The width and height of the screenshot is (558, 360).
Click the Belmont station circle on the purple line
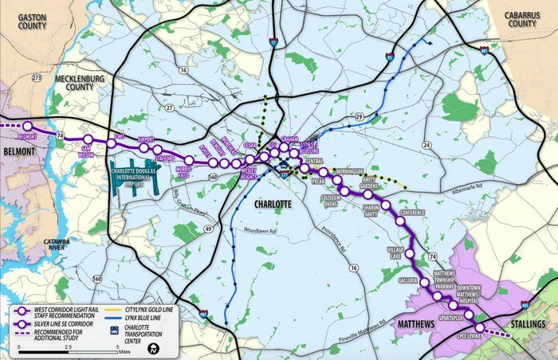[x=28, y=126]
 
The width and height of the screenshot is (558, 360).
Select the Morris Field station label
[x=184, y=172]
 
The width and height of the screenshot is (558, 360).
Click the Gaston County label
[x=24, y=21]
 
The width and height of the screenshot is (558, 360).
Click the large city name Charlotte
[x=273, y=205]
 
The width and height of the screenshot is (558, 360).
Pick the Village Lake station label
[x=396, y=252]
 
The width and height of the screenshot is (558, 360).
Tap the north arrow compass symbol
[x=157, y=347]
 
